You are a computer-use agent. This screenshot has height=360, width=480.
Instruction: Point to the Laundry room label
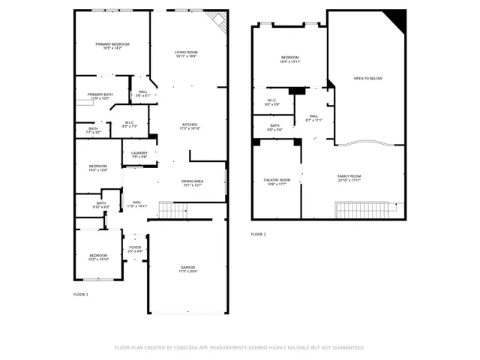[x=139, y=154]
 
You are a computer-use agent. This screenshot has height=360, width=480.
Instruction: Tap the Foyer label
[x=135, y=248]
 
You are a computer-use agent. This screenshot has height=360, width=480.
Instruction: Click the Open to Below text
[x=368, y=78]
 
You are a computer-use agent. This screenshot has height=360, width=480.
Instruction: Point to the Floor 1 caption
[x=80, y=294]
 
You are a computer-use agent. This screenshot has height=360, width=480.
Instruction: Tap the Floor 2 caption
[x=258, y=234]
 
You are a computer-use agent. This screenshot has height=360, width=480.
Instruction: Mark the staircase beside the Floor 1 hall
[x=172, y=211]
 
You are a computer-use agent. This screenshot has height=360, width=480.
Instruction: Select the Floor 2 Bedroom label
[x=290, y=59]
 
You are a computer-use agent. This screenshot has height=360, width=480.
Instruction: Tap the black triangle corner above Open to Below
[x=397, y=19]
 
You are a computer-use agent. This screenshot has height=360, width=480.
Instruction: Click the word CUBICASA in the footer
[x=190, y=347]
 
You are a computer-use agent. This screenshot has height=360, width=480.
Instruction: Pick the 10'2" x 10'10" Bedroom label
[x=99, y=257]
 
